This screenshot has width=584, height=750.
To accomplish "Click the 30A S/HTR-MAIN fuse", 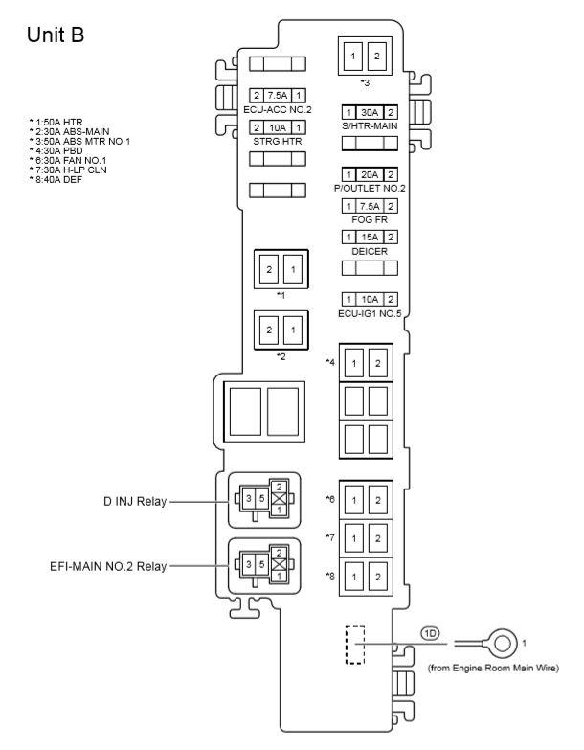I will coord(364,111).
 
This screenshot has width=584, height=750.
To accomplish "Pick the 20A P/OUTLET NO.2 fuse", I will coord(364,173).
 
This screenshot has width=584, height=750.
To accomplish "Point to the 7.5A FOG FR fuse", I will coord(364,205).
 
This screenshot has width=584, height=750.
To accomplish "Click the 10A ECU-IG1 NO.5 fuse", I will coord(364,299).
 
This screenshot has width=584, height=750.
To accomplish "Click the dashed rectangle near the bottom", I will coord(355,647).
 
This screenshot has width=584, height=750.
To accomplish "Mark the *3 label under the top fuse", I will coord(365,82).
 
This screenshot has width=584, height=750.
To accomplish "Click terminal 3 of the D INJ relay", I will coord(247,499).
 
